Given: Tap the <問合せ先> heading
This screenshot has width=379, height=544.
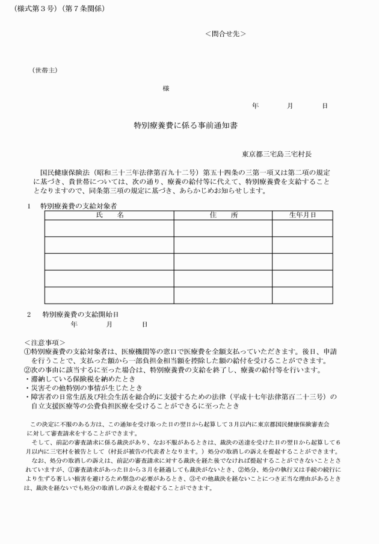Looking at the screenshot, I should pyautogui.click(x=225, y=34).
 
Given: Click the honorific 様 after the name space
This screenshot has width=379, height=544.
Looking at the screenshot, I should pyautogui.click(x=166, y=89).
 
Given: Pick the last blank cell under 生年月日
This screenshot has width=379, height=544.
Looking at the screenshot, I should pyautogui.click(x=302, y=296).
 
